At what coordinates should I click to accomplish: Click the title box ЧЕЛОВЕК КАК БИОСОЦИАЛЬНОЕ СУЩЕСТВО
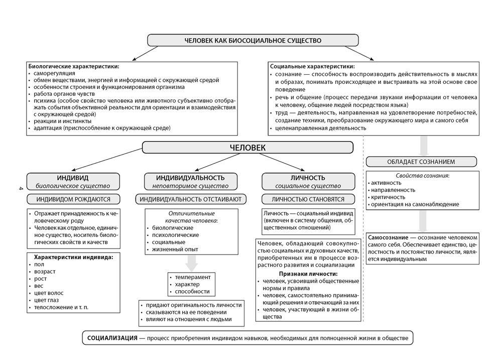[x=253, y=40]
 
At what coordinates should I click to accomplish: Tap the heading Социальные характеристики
[x=312, y=66]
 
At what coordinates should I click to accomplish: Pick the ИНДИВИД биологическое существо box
[x=73, y=181]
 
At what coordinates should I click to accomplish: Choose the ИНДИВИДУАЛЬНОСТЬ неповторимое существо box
[x=190, y=181]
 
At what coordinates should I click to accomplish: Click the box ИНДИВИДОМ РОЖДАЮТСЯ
[x=73, y=199]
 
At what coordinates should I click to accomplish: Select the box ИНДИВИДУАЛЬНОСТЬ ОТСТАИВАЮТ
[x=190, y=199]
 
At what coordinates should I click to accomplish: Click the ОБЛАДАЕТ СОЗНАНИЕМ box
[x=421, y=162]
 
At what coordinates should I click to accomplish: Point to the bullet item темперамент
[x=193, y=277]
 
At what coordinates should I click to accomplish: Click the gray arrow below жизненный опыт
[x=191, y=263]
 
